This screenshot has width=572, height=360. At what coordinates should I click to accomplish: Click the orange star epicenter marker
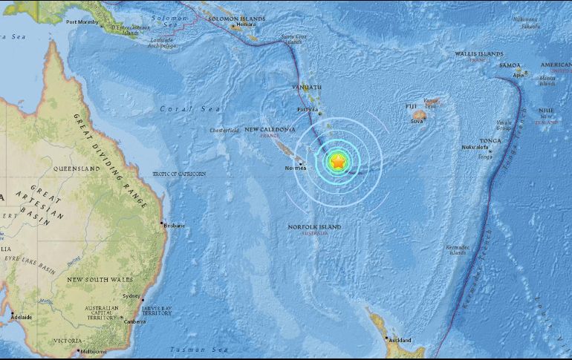[x=337, y=160]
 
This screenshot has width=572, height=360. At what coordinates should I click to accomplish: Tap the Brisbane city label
[x=175, y=226]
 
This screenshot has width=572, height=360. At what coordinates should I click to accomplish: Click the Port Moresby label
[x=82, y=22]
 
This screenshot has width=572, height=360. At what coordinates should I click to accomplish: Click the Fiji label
[x=411, y=107]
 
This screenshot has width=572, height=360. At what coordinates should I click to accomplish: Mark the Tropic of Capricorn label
[x=178, y=174]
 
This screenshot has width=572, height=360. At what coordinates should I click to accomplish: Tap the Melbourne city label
[x=94, y=350]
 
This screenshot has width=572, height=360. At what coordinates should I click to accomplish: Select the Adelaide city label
[x=20, y=317]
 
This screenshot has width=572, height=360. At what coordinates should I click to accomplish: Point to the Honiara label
[x=241, y=25]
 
